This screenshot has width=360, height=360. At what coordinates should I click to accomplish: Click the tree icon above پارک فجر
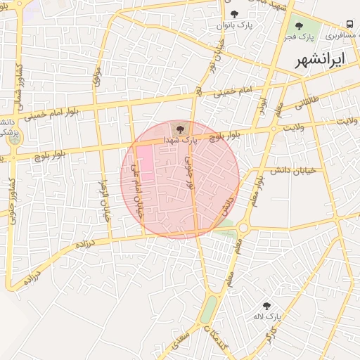click(299, 26)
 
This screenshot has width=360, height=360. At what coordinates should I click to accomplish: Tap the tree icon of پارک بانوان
click(234, 14)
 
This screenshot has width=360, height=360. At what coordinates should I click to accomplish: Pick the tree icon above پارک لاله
click(266, 306)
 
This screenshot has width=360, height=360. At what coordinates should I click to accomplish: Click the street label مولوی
click(98, 77)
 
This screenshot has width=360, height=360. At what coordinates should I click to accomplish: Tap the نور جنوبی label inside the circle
click(188, 174)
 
